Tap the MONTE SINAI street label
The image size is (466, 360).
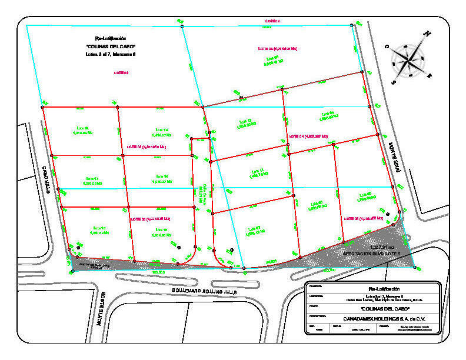[x=395, y=159]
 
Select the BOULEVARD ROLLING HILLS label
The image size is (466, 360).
[x=203, y=291]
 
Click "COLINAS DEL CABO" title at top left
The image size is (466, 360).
[x=111, y=46]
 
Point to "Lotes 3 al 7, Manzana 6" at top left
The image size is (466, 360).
[x=111, y=54]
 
